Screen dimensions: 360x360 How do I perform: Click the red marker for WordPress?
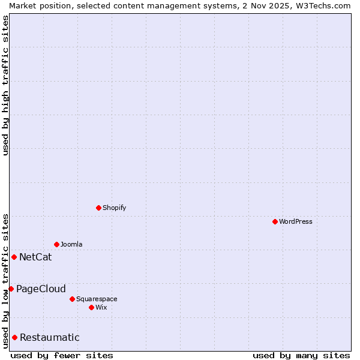click(x=275, y=221)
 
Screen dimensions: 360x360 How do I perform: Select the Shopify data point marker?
click(x=98, y=208)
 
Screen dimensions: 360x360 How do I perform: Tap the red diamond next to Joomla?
click(x=56, y=244)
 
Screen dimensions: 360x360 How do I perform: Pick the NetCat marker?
click(x=14, y=257)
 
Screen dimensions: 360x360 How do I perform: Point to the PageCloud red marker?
click(x=11, y=289)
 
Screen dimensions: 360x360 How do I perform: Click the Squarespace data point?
click(x=72, y=299)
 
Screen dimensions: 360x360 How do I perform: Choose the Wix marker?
click(x=91, y=307)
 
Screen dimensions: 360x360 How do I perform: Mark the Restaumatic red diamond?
click(x=14, y=337)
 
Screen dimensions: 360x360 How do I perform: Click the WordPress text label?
click(x=296, y=221)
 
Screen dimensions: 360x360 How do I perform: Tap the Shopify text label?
click(x=114, y=208)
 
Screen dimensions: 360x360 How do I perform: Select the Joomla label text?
click(x=71, y=244)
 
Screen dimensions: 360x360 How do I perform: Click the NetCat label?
click(x=35, y=257)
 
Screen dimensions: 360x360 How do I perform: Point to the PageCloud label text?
click(x=41, y=289)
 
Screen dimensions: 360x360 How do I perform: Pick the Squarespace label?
click(x=97, y=299)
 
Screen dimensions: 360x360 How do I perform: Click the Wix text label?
click(x=101, y=307)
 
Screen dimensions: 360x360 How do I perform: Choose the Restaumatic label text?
click(x=49, y=338)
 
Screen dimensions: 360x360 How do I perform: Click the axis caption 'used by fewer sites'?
click(x=62, y=355)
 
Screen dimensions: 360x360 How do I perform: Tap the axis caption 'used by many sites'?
click(x=301, y=355)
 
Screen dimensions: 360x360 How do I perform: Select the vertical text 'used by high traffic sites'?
click(x=5, y=85)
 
